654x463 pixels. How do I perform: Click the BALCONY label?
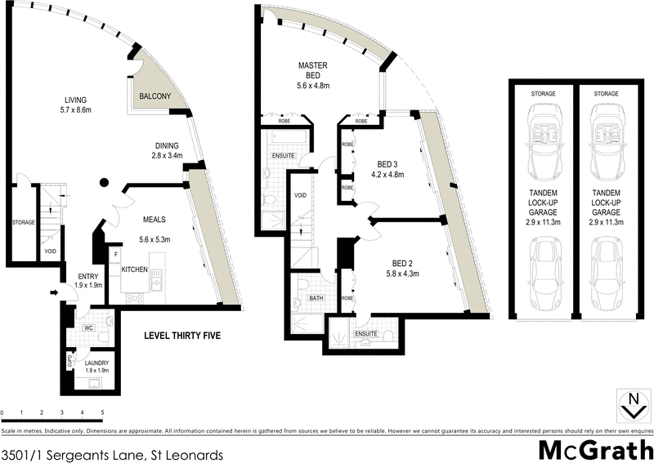pyautogui.click(x=155, y=96)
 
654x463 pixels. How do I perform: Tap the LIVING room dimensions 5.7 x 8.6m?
pyautogui.click(x=78, y=109)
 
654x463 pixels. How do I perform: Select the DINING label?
pyautogui.click(x=166, y=145)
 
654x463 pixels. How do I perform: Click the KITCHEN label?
pyautogui.click(x=134, y=269)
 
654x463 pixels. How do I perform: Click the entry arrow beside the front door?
pyautogui.click(x=54, y=290)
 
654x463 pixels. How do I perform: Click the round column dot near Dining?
pyautogui.click(x=104, y=183)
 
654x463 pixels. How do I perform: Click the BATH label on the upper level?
pyautogui.click(x=316, y=298)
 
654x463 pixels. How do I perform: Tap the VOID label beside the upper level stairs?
pyautogui.click(x=300, y=194)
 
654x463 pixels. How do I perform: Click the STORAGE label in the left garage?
pyautogui.click(x=543, y=94)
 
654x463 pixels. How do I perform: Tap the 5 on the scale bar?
pyautogui.click(x=101, y=413)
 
